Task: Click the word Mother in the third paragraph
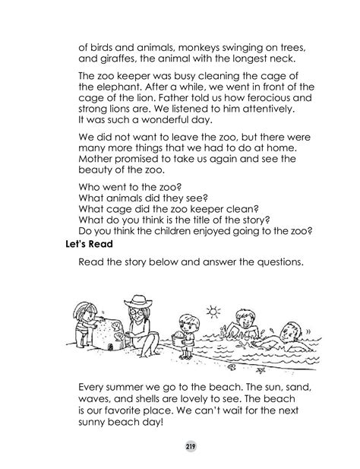(x=98, y=165)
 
